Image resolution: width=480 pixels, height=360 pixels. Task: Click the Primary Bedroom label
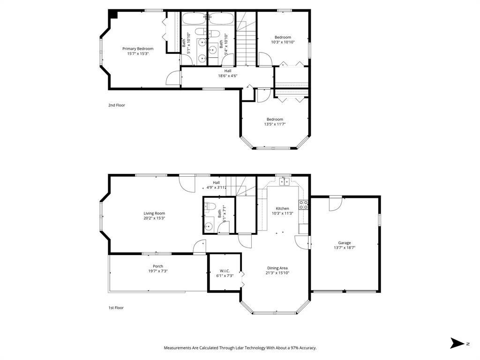[x=138, y=49]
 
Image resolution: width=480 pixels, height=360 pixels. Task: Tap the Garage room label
[x=345, y=243]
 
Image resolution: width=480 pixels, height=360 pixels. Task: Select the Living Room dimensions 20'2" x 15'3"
[x=154, y=218]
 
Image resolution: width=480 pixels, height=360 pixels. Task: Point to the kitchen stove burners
[x=303, y=204]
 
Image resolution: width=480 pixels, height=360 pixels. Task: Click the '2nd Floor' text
[x=117, y=105]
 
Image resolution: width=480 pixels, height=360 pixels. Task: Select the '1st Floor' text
[x=116, y=308]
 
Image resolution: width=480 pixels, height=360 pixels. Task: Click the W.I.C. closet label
[x=224, y=271]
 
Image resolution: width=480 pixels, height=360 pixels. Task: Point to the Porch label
[x=158, y=266]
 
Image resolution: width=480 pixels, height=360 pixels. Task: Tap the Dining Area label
[x=277, y=268]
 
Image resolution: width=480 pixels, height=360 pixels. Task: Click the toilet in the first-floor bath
[x=210, y=206]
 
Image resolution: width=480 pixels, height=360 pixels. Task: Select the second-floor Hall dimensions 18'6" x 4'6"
[x=227, y=75]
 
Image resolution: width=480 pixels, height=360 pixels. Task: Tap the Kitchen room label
[x=282, y=209]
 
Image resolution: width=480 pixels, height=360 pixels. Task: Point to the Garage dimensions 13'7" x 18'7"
[x=345, y=247]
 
